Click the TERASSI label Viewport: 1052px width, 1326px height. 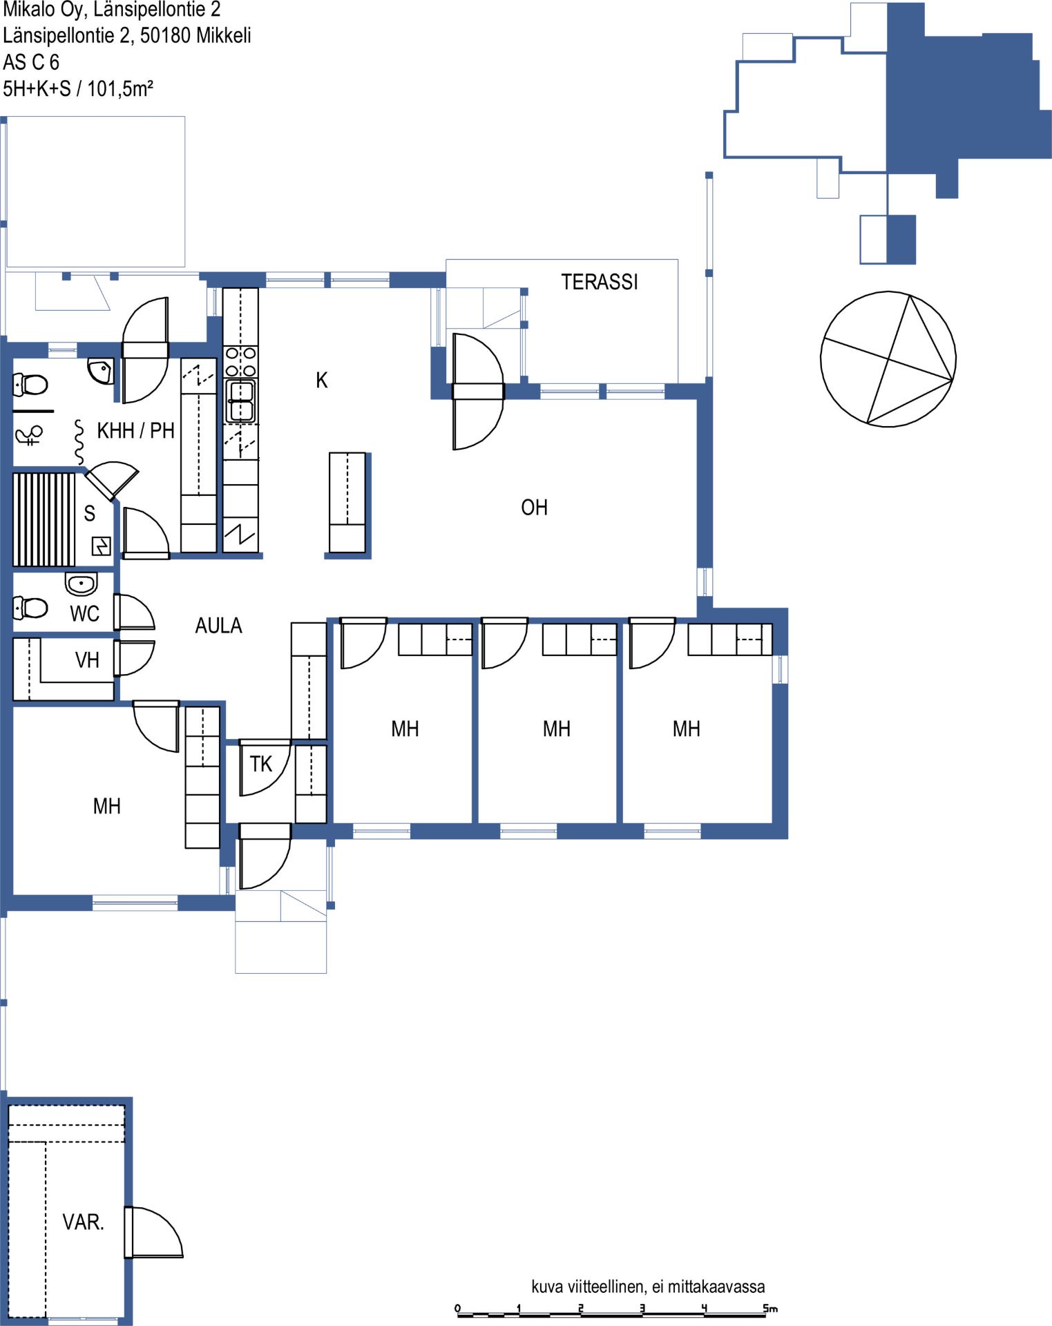click(600, 282)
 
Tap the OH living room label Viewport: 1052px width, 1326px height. click(534, 508)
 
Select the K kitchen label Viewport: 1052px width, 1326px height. click(321, 380)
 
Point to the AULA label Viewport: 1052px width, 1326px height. click(218, 626)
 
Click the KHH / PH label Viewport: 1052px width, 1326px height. click(135, 431)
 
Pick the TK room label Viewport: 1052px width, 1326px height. click(261, 764)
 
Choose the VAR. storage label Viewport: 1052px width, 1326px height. click(83, 1222)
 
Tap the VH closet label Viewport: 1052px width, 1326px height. click(87, 660)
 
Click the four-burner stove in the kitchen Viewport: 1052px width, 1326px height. click(240, 362)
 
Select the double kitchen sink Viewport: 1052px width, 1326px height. click(240, 401)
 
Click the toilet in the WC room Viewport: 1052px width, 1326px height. click(30, 608)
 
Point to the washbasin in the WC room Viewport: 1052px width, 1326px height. click(82, 584)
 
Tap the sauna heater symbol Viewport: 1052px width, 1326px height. click(102, 546)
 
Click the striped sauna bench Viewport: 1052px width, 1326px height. click(44, 519)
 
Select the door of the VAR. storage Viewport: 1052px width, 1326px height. click(153, 1232)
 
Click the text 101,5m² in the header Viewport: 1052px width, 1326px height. click(120, 88)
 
